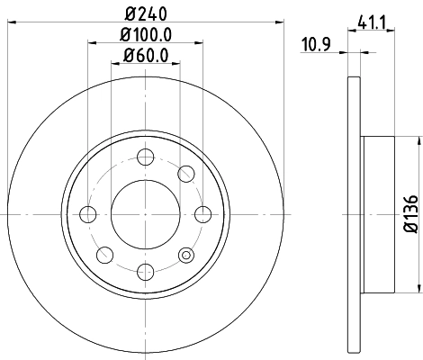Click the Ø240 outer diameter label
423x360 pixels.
tap(145, 14)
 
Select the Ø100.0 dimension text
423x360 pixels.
tap(145, 34)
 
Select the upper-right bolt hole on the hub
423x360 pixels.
tap(185, 173)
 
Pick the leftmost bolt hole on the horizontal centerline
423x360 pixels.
tap(87, 214)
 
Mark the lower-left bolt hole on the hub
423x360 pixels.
tap(103, 255)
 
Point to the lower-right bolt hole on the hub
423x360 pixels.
tap(185, 255)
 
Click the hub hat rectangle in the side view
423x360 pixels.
tap(377, 214)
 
